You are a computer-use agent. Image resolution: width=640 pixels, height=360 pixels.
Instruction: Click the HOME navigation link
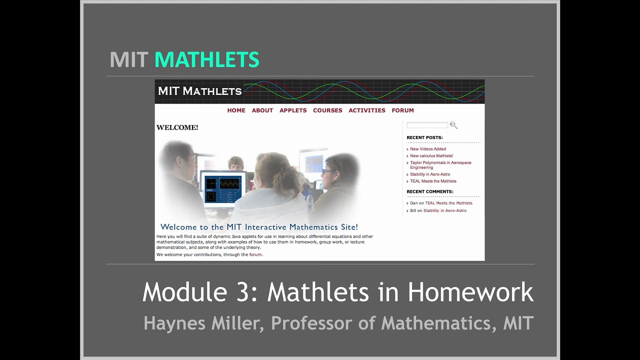click(236, 110)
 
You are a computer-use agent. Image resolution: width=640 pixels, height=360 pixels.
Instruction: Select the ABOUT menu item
click(262, 110)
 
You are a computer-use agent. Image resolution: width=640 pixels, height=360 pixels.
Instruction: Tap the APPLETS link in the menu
click(293, 110)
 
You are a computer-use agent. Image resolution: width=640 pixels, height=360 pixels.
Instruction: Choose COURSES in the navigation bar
click(327, 110)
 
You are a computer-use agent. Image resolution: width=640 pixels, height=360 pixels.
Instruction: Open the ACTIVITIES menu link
click(367, 110)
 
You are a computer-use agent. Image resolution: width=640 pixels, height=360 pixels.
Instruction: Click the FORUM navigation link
click(402, 110)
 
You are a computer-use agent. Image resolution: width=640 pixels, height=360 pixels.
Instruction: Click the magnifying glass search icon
click(453, 125)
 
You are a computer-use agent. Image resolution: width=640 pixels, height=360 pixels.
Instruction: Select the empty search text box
click(427, 125)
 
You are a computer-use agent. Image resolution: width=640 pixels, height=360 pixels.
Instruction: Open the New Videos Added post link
click(428, 149)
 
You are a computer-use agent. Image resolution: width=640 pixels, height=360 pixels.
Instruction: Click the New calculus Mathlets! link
click(431, 156)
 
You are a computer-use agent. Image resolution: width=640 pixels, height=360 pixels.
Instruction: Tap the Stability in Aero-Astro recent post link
click(430, 174)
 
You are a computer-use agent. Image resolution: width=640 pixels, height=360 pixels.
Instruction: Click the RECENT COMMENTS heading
click(430, 191)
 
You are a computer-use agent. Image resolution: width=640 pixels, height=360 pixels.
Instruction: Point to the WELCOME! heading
click(177, 127)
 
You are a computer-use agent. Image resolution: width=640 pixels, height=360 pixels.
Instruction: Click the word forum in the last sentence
click(255, 254)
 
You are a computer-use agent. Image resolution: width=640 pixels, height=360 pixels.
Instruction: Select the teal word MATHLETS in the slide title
click(207, 60)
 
